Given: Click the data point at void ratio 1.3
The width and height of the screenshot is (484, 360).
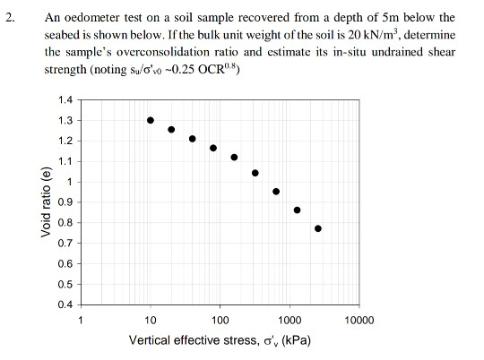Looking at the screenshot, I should pos(151,120).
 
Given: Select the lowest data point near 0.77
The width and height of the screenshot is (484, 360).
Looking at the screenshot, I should pos(318,228).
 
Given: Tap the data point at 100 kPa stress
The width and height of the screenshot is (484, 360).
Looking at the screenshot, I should pos(213,149).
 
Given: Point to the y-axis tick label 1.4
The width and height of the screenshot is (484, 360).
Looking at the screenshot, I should pos(65,100).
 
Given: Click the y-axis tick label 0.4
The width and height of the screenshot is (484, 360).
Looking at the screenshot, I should pos(65,304).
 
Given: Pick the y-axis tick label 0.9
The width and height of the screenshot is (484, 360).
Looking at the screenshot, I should pos(65,202).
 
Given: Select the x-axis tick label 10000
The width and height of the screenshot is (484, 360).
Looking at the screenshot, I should pos(359,320).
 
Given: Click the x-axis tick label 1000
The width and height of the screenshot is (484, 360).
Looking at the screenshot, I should pos(290,320).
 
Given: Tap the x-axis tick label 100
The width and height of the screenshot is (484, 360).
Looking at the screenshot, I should pos(220,320).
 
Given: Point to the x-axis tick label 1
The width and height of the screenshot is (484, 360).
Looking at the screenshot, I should pos(81,320).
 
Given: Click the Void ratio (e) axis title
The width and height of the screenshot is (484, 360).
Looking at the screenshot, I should pos(46,202).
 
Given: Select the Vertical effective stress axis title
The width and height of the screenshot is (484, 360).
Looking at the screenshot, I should pos(220,341).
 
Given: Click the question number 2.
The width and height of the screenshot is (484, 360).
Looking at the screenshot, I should pos(11,16).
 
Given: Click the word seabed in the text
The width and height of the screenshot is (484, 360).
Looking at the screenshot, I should pos(65,33).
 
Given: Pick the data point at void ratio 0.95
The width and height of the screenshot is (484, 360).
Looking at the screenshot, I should pos(276,191).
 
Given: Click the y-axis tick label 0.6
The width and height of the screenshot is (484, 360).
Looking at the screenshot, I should pos(65,263).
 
